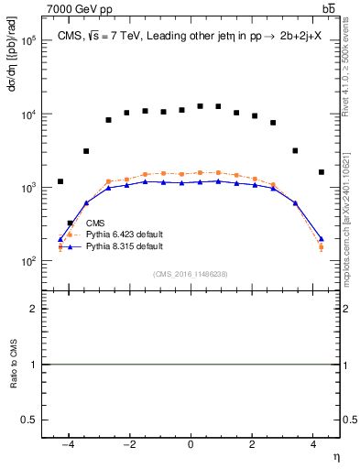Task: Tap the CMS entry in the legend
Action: (94, 223)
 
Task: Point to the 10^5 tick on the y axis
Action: (27, 41)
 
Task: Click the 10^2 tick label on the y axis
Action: (27, 261)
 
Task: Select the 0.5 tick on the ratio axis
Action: (29, 420)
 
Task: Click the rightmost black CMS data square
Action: (321, 172)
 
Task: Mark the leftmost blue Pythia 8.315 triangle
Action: (60, 240)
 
